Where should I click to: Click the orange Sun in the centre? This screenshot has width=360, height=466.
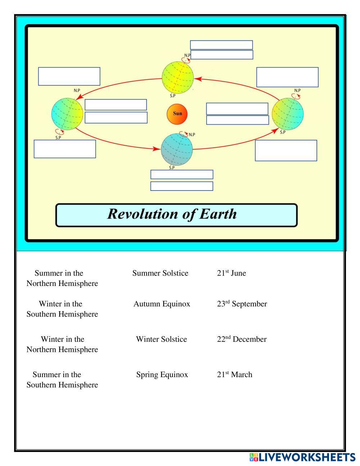point(177,114)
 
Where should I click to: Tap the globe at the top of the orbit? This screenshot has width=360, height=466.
point(177,77)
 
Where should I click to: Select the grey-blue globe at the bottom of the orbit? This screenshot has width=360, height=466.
point(176,149)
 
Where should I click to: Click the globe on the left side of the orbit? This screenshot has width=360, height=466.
point(67,114)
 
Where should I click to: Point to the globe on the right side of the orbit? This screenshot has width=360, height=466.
point(288,114)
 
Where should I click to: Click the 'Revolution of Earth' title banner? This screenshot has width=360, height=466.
point(176,215)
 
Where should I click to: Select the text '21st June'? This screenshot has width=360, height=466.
point(231,273)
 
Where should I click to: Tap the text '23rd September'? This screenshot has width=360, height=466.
point(242,304)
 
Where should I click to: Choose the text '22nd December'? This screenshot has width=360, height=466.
point(242,339)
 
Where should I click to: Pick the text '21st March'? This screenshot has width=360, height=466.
point(234,375)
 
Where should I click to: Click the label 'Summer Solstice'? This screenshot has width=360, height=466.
point(160,273)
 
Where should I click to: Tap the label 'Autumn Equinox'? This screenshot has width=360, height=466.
point(162,304)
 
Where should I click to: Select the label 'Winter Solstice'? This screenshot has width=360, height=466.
point(161,339)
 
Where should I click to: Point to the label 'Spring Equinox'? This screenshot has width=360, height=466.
point(162,375)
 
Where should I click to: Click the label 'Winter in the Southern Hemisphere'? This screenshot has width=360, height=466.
point(62,309)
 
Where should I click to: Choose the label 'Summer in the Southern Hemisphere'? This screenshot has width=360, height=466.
point(62,380)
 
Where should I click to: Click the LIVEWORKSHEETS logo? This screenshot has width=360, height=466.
point(302,457)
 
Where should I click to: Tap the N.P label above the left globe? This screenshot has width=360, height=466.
point(77,90)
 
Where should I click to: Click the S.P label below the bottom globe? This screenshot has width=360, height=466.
point(172,167)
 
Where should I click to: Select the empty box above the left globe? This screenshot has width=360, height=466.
point(69,76)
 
